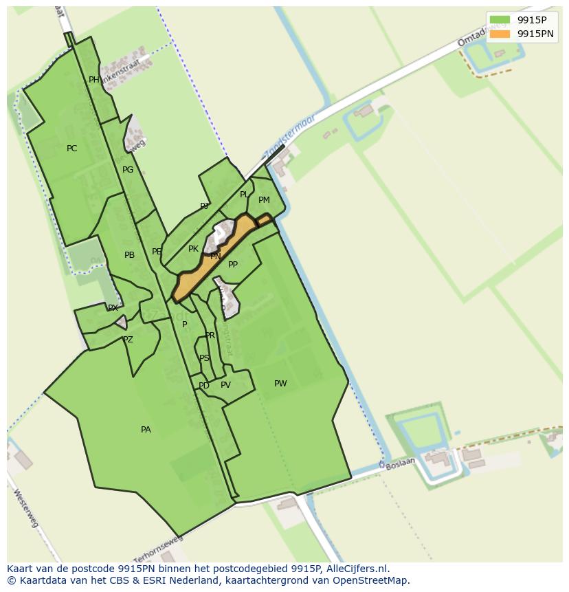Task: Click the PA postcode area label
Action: tap(146, 430)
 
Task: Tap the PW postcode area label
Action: tap(280, 384)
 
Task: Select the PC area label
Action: tap(72, 149)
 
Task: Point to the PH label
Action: tap(94, 80)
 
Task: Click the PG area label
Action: tap(128, 170)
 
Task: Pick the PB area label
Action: tap(129, 255)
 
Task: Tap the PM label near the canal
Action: tap(264, 200)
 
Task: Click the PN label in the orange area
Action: tap(215, 256)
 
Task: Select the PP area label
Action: tap(233, 265)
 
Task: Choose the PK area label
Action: tap(193, 249)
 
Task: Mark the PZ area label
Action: tap(128, 340)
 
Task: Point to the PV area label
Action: tap(225, 385)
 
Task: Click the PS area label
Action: tap(204, 358)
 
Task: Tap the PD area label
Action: tap(204, 386)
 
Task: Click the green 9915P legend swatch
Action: tap(500, 20)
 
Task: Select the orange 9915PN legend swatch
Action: tap(500, 34)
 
